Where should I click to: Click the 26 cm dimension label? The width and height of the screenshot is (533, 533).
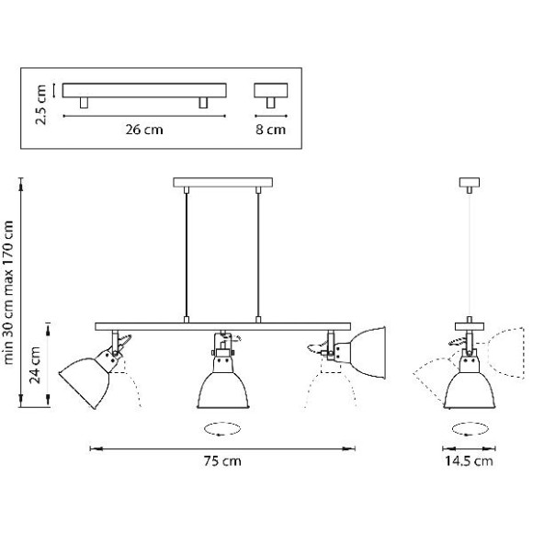click(x=144, y=130)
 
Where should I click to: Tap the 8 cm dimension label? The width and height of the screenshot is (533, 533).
click(x=270, y=130)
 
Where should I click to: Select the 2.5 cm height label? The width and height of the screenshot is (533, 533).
click(x=40, y=105)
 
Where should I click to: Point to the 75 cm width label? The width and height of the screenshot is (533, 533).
click(x=222, y=461)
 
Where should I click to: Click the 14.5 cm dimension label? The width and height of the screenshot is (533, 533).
click(x=469, y=461)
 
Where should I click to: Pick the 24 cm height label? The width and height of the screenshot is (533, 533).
click(x=35, y=365)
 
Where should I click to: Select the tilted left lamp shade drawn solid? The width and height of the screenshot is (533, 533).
click(x=85, y=382)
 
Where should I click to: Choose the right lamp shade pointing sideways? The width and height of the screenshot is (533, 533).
click(x=368, y=353)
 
